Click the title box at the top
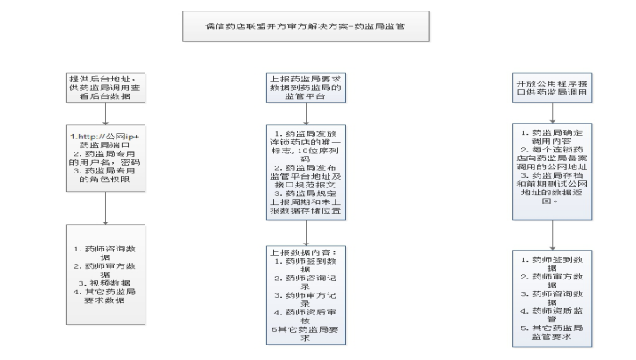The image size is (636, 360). coord(305,27)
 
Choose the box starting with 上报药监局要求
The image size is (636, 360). coord(306,89)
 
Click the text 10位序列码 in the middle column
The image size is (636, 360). coord(306,154)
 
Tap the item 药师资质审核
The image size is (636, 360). coord(306,315)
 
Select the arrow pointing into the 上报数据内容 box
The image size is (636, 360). coord(306,231)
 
